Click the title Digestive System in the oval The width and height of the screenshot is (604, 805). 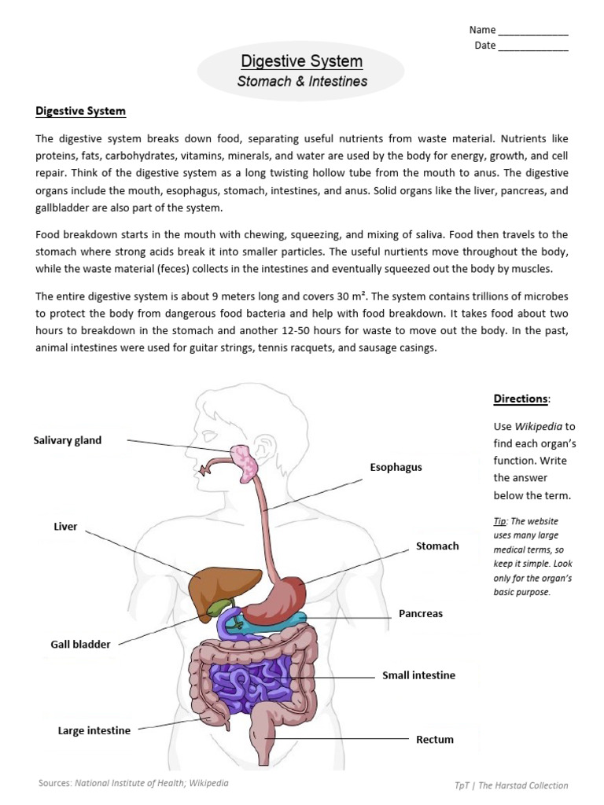(301, 61)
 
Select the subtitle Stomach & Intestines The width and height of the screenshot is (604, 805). (302, 81)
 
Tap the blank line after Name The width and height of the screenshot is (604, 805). (533, 31)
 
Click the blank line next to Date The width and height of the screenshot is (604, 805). (533, 46)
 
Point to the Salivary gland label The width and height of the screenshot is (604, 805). (68, 440)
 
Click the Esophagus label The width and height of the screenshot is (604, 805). (396, 467)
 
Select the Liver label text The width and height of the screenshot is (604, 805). (65, 527)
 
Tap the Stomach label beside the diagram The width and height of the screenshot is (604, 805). (437, 546)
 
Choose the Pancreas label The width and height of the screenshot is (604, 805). (421, 613)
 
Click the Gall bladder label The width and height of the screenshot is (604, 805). (80, 645)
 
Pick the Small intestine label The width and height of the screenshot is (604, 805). (418, 675)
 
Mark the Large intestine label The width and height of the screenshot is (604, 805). (94, 730)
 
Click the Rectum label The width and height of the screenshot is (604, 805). (435, 739)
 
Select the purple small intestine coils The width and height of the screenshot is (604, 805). (252, 681)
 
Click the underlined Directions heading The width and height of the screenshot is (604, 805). (520, 399)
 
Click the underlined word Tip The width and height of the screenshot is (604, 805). (500, 521)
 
